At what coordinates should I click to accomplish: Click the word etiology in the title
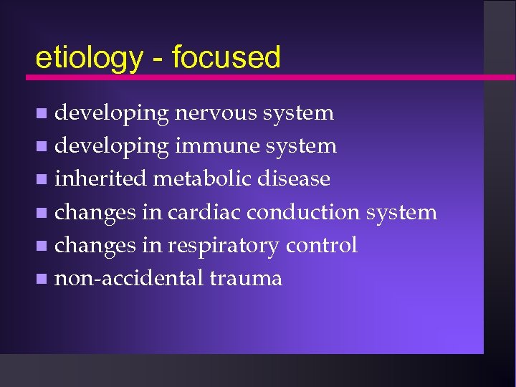[89, 57]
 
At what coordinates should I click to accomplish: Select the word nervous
[216, 113]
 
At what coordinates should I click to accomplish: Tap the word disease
[292, 178]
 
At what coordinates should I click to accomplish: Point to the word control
[321, 245]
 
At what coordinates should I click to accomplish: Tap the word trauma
[246, 279]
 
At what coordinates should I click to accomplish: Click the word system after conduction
[401, 213]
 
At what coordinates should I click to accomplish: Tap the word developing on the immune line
[111, 147]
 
